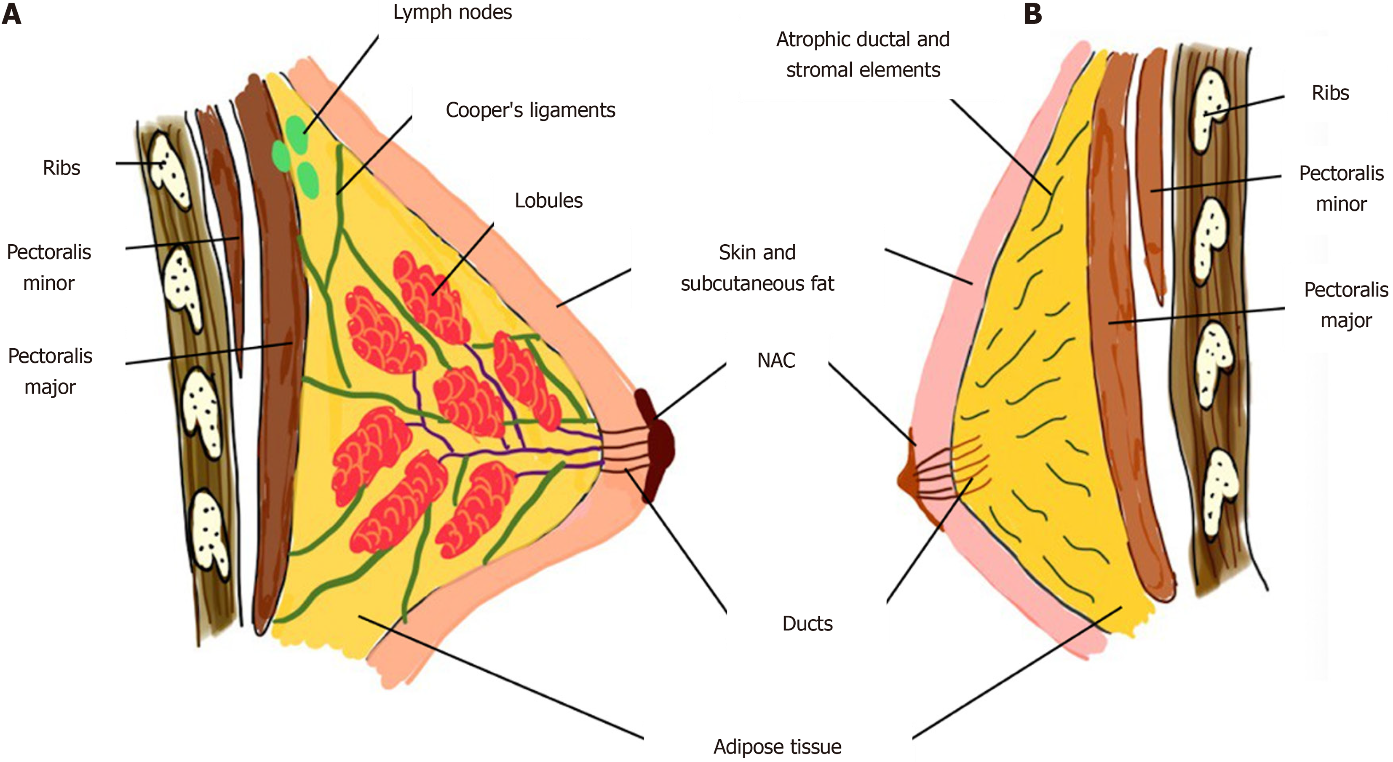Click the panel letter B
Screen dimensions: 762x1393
click(x=1033, y=13)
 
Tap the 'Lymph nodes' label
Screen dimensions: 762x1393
click(x=452, y=12)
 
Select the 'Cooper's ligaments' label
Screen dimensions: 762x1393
click(x=530, y=110)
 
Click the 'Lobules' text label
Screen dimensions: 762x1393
click(x=548, y=201)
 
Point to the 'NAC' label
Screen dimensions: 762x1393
click(x=776, y=360)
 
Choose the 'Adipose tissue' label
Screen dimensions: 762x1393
click(x=777, y=747)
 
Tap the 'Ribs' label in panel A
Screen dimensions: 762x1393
click(x=61, y=168)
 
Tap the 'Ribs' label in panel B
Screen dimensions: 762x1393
click(x=1330, y=93)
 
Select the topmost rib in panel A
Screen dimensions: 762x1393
click(x=169, y=170)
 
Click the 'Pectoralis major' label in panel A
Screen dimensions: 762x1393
click(x=50, y=371)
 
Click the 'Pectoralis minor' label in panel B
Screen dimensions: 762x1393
click(x=1341, y=188)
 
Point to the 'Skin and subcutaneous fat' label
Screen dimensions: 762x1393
click(x=757, y=268)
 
